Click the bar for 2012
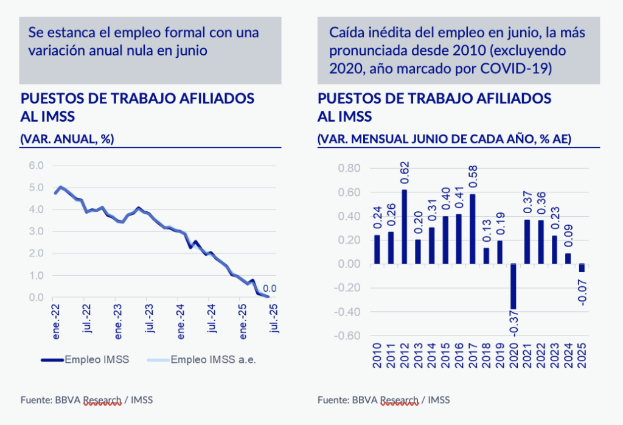tap(404, 227)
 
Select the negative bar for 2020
tap(513, 287)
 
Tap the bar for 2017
tap(472, 229)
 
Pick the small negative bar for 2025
tap(582, 268)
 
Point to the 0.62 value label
tap(405, 174)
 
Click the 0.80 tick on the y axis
tap(349, 168)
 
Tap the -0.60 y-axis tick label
tap(348, 336)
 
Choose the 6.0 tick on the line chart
tap(36, 166)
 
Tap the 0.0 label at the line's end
tap(270, 288)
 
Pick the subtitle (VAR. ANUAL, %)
tap(68, 139)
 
